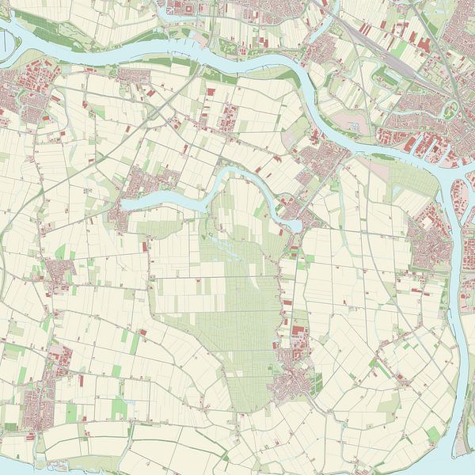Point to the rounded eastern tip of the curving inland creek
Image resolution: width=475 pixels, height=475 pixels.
294,226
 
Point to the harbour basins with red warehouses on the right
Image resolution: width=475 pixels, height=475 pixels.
420,146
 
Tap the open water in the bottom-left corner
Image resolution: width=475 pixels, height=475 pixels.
16,467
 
